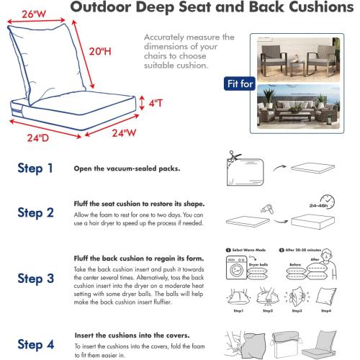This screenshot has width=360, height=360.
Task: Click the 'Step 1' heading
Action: pyautogui.click(x=35, y=168)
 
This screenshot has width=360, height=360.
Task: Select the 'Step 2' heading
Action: pyautogui.click(x=35, y=212)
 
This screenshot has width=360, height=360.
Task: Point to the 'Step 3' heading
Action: pyautogui.click(x=35, y=278)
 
